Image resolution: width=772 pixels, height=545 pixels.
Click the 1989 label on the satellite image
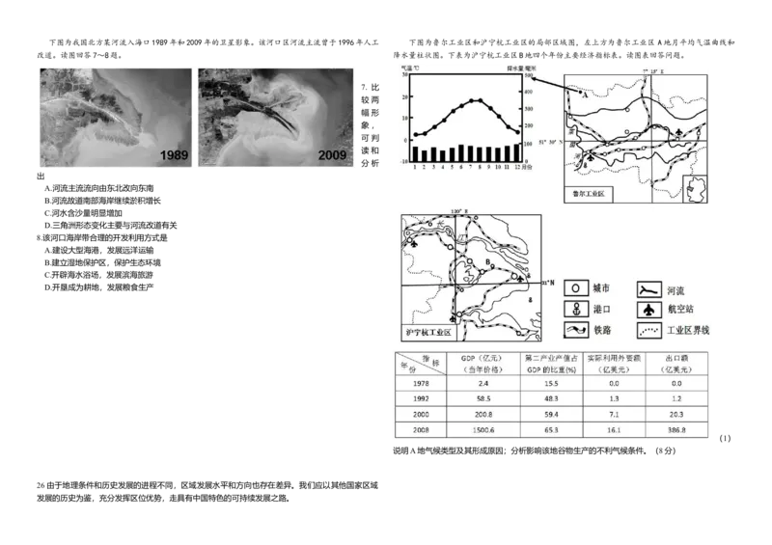click(174, 154)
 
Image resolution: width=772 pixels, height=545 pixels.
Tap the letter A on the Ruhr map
click(585, 95)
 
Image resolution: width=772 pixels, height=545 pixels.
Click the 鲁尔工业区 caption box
click(588, 195)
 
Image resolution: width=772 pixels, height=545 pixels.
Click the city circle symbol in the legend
click(574, 287)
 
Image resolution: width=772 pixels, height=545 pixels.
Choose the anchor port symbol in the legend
click(574, 309)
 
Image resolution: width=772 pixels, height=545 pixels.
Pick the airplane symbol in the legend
click(649, 309)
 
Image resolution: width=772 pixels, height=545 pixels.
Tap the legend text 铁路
click(603, 330)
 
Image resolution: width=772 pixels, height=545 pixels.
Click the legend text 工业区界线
click(688, 330)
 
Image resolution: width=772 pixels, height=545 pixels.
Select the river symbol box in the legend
click(649, 287)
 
